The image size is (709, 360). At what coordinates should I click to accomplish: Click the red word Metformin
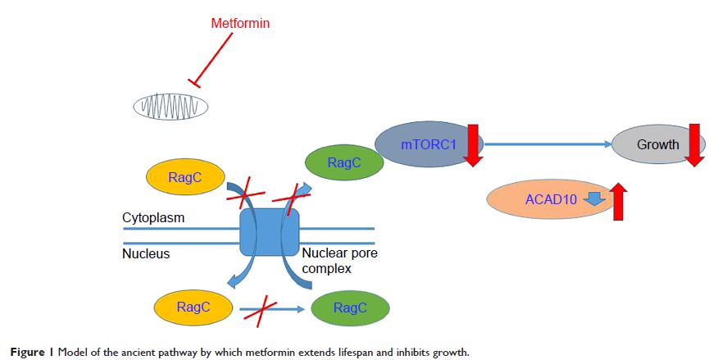click(240, 24)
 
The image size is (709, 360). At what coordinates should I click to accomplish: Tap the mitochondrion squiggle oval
click(170, 107)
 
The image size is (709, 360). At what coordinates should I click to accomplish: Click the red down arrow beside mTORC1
click(473, 144)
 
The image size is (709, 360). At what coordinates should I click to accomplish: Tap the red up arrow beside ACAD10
click(619, 201)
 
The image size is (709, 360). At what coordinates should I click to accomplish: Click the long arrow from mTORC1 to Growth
click(548, 145)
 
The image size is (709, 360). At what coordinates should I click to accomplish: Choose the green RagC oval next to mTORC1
click(343, 163)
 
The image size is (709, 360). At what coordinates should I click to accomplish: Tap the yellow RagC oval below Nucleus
click(193, 308)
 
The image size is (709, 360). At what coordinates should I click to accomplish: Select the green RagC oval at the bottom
click(351, 308)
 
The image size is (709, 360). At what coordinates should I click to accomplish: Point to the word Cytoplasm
click(153, 218)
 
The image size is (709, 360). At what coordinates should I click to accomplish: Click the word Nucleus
click(146, 254)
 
